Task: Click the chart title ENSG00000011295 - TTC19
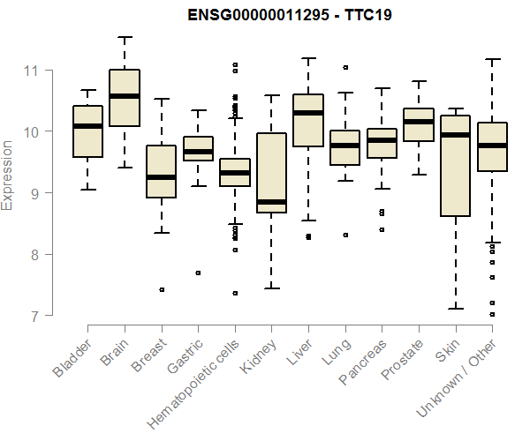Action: pos(290,15)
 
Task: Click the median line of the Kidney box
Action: pos(271,202)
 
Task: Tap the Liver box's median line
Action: pos(307,113)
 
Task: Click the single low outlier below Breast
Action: pos(162,289)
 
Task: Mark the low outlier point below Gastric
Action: pos(198,273)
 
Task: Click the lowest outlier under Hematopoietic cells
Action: pos(235,293)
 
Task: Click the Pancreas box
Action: pos(382,143)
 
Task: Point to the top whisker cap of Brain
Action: pos(125,37)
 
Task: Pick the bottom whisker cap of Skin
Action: pos(455,309)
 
